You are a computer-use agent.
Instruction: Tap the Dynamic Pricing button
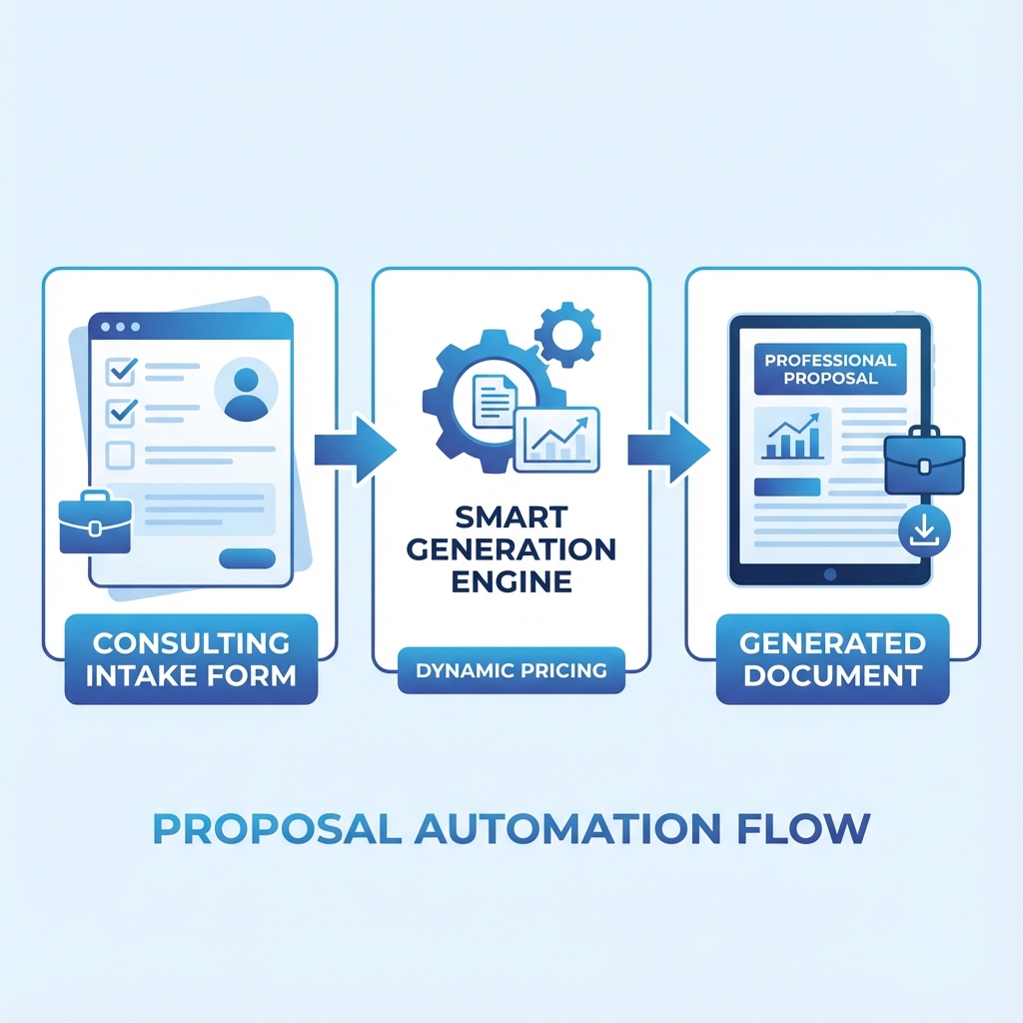pyautogui.click(x=511, y=670)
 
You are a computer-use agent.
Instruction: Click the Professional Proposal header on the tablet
pyautogui.click(x=830, y=369)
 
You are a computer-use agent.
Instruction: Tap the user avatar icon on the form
pyautogui.click(x=246, y=389)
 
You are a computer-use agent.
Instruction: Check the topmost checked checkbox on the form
pyautogui.click(x=121, y=372)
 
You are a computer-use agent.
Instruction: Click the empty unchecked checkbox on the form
pyautogui.click(x=120, y=456)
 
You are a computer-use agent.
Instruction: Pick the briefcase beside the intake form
pyautogui.click(x=95, y=523)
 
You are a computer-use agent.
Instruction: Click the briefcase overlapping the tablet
pyautogui.click(x=923, y=462)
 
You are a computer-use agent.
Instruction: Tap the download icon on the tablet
pyautogui.click(x=925, y=531)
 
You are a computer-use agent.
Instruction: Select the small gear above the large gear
pyautogui.click(x=566, y=334)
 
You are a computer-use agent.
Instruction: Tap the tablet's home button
pyautogui.click(x=828, y=574)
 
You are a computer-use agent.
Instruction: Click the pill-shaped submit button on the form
pyautogui.click(x=247, y=558)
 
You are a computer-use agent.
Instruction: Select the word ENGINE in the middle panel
pyautogui.click(x=511, y=581)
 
